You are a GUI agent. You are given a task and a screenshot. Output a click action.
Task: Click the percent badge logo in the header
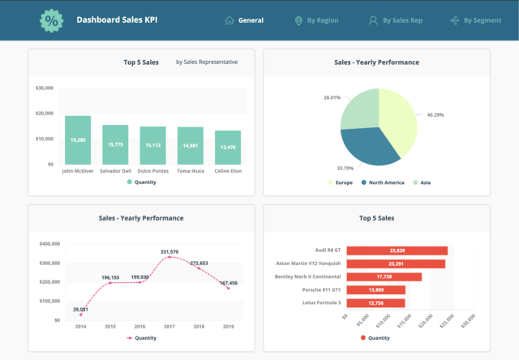tap(52, 20)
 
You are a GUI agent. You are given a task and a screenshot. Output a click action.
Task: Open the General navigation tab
tap(244, 20)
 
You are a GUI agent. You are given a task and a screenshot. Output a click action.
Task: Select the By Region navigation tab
tap(316, 20)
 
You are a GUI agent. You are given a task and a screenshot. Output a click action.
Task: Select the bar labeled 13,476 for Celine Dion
tap(228, 147)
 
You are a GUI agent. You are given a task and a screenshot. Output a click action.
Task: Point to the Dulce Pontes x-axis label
tap(152, 171)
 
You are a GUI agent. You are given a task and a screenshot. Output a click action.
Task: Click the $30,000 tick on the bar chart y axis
tap(45, 88)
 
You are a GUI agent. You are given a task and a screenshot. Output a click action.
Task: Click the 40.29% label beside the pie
tap(435, 114)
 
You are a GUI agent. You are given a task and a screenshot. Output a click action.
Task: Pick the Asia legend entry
tap(421, 182)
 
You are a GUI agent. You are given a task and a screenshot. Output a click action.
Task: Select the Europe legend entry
tap(341, 182)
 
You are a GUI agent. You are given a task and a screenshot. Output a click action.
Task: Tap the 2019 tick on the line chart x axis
tap(228, 327)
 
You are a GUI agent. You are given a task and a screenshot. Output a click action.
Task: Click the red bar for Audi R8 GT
tap(397, 251)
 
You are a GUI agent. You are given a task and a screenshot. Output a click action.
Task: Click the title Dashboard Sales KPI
tap(117, 20)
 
